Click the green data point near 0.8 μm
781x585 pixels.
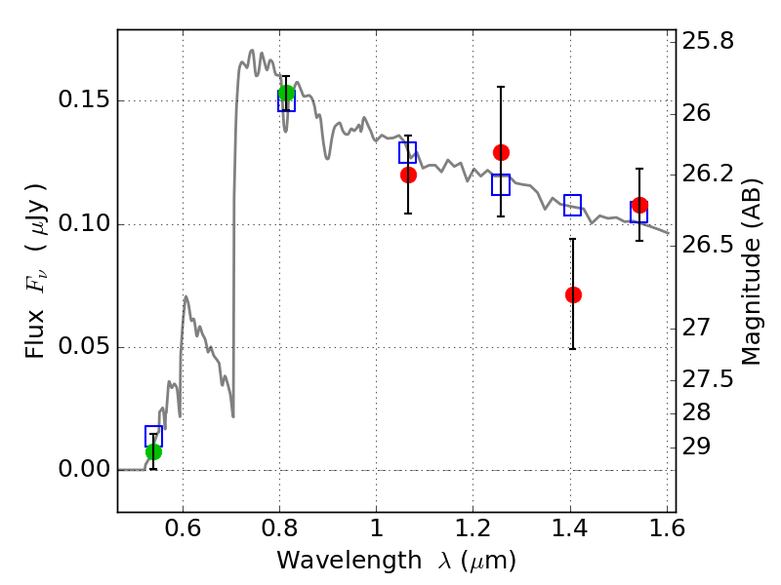[286, 94]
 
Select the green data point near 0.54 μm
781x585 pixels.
[153, 451]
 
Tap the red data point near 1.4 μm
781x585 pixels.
[573, 294]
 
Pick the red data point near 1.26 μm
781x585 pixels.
[501, 152]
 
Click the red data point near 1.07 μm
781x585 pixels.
[408, 175]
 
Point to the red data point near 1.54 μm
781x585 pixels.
[639, 206]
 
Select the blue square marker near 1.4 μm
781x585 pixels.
[573, 205]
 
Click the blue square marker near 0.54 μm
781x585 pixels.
[153, 436]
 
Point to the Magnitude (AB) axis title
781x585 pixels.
[752, 271]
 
